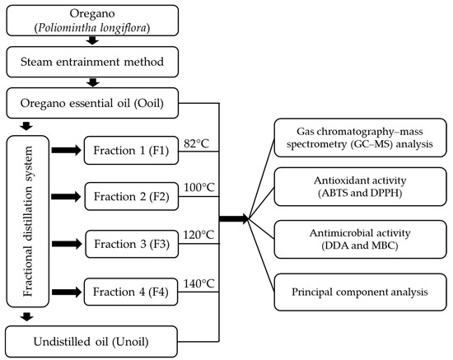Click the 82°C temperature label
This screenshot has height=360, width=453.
(196, 143)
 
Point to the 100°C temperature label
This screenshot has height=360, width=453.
(199, 188)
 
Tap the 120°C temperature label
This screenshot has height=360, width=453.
(198, 235)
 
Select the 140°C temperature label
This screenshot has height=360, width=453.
(199, 283)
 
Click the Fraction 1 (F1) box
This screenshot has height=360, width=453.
(131, 150)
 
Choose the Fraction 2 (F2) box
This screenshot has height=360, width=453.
(132, 196)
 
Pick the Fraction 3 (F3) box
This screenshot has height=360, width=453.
(132, 244)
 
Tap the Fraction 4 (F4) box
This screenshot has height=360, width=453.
(131, 292)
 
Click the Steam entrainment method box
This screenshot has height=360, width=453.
(92, 62)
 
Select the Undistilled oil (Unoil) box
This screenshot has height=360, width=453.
(91, 342)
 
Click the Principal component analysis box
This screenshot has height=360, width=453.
(360, 292)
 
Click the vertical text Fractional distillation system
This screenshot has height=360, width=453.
(28, 222)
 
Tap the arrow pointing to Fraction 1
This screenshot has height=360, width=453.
(67, 150)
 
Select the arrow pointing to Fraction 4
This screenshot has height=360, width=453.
(67, 292)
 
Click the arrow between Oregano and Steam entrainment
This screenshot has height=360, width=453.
(92, 40)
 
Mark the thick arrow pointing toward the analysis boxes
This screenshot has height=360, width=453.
(234, 218)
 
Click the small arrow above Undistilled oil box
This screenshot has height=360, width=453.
(27, 316)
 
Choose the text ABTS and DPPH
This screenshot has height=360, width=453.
(360, 193)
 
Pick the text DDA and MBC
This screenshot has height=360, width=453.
(360, 245)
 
